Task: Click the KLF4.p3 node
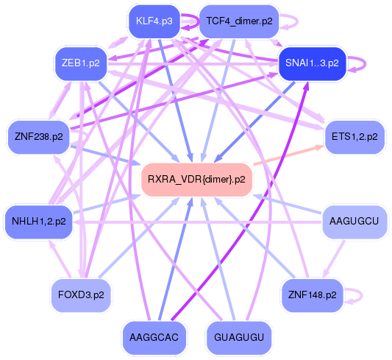click(154, 21)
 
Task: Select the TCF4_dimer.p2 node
click(239, 21)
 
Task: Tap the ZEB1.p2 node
click(81, 63)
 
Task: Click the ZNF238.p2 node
click(38, 136)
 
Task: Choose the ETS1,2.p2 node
click(355, 136)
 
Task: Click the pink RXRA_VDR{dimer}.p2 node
click(196, 179)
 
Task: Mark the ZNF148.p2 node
click(313, 294)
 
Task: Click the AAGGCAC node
click(154, 336)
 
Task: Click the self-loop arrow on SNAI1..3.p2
click(359, 63)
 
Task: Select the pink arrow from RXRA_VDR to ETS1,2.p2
click(291, 155)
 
